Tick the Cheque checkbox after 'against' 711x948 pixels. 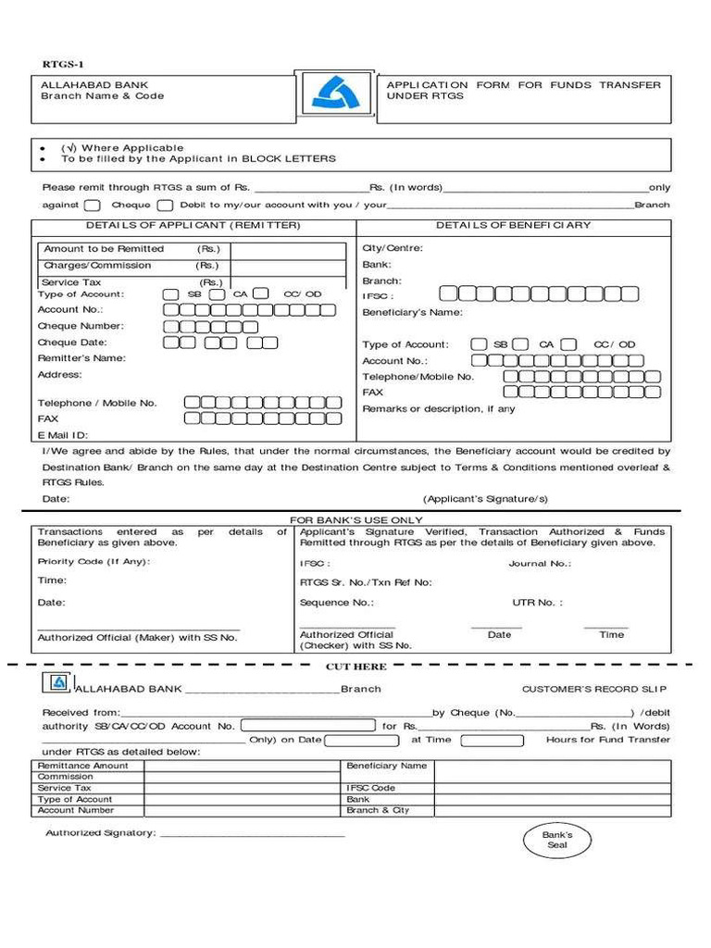tap(93, 206)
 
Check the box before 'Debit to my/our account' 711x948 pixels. tap(165, 206)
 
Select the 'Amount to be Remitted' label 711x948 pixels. tap(104, 249)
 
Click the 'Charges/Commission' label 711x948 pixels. tap(97, 266)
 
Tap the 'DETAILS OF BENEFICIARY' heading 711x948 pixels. tap(513, 225)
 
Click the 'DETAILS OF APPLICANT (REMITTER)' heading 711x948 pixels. tap(193, 225)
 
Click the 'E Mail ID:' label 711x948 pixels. tap(63, 434)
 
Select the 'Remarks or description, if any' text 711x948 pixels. tap(439, 409)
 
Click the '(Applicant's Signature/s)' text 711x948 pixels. tap(485, 499)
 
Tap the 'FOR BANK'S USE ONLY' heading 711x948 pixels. tap(356, 521)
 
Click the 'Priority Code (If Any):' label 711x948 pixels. tap(94, 562)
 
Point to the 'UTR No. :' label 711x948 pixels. tap(537, 603)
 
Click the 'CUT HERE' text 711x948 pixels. tap(355, 667)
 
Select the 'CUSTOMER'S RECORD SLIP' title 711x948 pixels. tap(594, 690)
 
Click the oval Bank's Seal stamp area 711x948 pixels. tap(557, 840)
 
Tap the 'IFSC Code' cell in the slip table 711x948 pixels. tap(370, 788)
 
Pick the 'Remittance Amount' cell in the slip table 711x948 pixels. tap(83, 766)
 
